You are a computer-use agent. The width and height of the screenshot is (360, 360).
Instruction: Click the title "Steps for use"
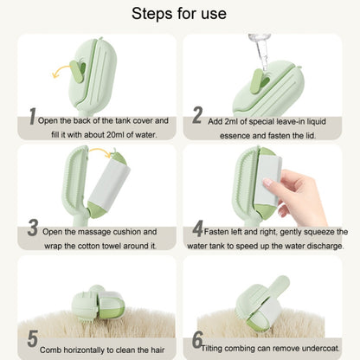click(x=179, y=14)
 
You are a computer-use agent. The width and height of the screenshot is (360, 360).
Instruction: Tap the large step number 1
click(x=33, y=116)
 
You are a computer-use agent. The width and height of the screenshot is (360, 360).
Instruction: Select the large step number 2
click(x=197, y=115)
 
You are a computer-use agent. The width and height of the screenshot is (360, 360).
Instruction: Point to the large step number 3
click(x=33, y=228)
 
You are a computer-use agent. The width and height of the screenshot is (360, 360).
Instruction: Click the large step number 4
click(x=198, y=228)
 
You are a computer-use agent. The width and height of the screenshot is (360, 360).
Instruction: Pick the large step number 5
click(x=33, y=338)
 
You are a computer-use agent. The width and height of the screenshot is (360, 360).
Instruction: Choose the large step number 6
click(x=197, y=340)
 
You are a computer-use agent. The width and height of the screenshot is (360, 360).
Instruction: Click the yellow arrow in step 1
click(x=61, y=69)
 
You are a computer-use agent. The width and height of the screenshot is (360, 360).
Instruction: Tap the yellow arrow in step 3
click(x=100, y=151)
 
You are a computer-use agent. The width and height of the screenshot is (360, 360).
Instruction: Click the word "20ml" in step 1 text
click(x=113, y=135)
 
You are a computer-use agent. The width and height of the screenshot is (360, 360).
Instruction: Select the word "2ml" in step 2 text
click(x=231, y=121)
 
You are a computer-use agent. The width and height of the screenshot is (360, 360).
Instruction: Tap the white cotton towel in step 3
click(x=109, y=183)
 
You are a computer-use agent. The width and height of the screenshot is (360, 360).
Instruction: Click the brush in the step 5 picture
click(x=98, y=303)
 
